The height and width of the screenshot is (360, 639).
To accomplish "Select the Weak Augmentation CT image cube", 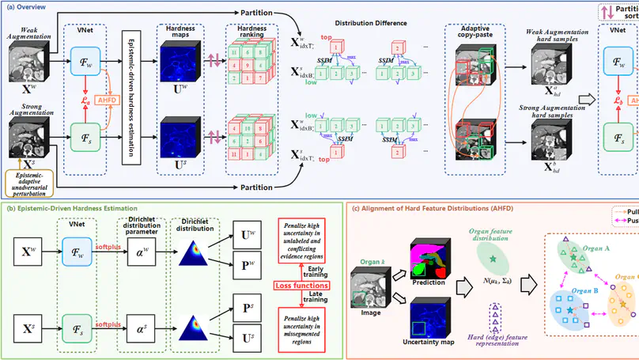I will pos(25,60).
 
